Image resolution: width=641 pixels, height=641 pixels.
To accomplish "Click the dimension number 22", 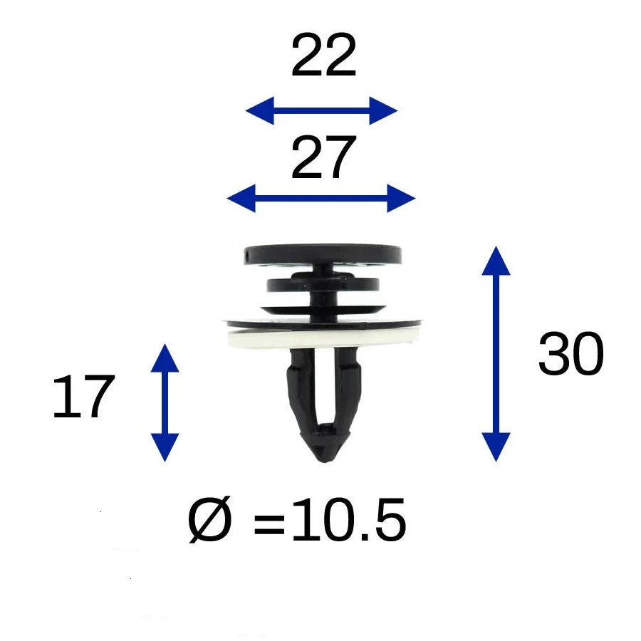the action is coord(323,56).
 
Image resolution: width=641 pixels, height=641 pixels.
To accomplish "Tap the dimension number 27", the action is coord(323,157).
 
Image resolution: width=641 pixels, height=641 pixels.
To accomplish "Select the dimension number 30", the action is coord(570,353).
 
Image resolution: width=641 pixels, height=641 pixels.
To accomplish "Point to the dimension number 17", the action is coord(84,397).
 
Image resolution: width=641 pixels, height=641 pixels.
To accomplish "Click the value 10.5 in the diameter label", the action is coord(349,520).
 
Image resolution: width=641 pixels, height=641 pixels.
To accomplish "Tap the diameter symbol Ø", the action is coord(210,520).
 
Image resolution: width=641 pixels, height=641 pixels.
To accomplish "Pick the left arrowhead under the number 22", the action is coord(259,110).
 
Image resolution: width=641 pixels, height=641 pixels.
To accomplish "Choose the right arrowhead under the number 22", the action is coord(383,110).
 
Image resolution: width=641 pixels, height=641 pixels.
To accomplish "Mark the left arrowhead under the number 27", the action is coord(241,198).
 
